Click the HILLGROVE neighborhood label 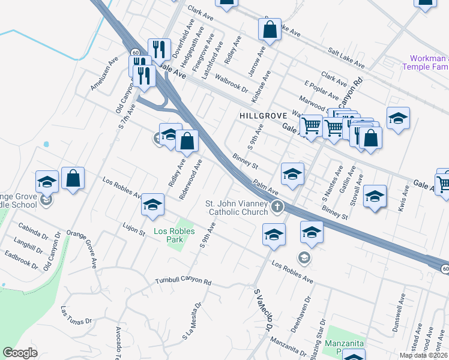click(261, 115)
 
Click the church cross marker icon click(277, 208)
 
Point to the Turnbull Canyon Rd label click(183, 281)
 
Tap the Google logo click(20, 353)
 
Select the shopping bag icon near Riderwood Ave click(188, 142)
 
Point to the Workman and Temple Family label click(429, 62)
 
